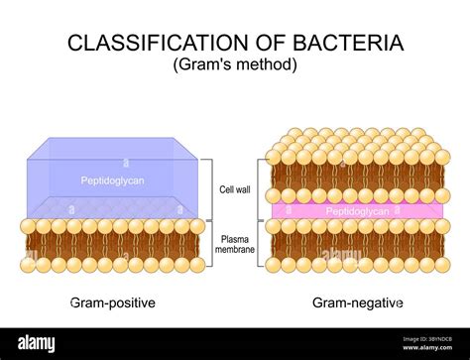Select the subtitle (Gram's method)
tap(234, 64)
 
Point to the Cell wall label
tap(235, 189)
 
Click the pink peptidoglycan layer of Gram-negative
tap(297, 212)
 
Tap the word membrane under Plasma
tap(235, 251)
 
